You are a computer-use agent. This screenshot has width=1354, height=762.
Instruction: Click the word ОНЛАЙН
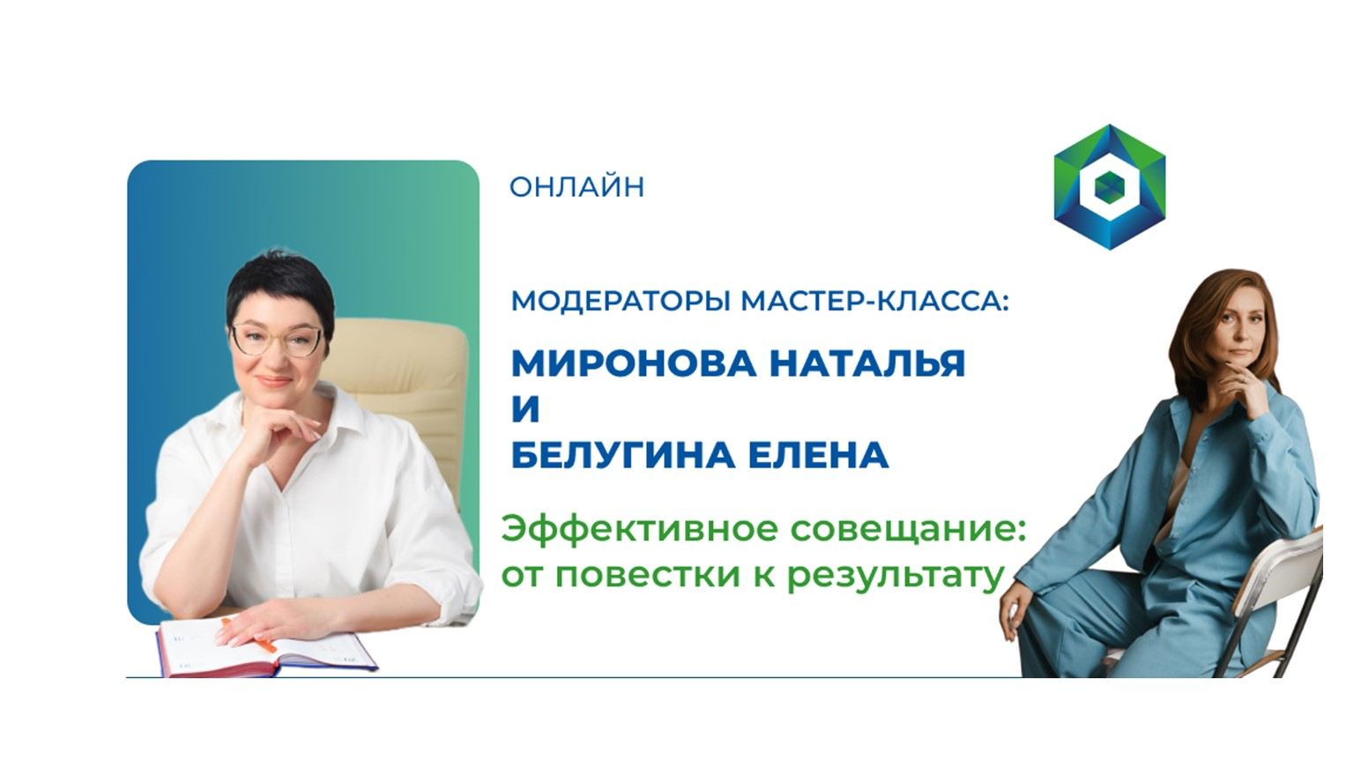(x=577, y=187)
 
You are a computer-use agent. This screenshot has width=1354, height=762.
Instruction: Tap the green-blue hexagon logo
(x=1109, y=186)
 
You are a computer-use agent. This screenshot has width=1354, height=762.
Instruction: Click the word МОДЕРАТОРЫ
(x=621, y=302)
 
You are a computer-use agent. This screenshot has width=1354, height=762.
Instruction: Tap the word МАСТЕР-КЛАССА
(x=873, y=302)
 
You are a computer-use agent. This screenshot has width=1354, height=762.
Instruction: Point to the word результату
(x=895, y=575)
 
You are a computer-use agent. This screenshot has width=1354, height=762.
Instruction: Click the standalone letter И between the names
(x=525, y=410)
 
